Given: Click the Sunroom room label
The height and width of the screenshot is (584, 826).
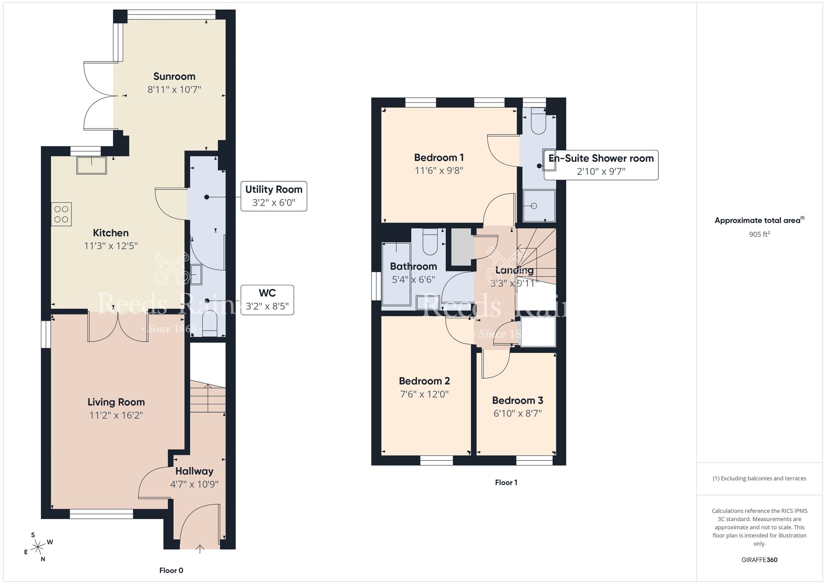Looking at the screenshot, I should (x=174, y=76).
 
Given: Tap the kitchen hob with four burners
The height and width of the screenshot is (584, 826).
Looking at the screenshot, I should (x=61, y=214).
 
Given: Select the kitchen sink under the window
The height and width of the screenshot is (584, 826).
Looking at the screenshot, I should (x=92, y=165).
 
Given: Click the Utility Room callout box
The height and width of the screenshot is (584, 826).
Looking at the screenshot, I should (x=274, y=196).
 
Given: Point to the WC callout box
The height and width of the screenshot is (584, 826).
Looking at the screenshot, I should (x=267, y=300).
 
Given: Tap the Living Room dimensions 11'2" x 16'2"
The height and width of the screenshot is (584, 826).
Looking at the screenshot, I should (x=116, y=415).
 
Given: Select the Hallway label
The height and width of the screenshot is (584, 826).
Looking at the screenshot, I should (x=194, y=471).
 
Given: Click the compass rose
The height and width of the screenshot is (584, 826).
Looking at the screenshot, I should (x=38, y=547).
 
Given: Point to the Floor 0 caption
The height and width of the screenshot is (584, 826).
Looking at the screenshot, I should (x=171, y=570).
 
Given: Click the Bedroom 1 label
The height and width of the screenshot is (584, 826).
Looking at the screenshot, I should (x=439, y=158).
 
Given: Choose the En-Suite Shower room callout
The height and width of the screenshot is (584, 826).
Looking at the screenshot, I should (x=601, y=165).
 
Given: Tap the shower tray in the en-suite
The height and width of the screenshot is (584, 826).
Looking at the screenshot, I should (x=539, y=206).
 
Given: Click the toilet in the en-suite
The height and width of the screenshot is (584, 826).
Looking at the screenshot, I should (x=538, y=121).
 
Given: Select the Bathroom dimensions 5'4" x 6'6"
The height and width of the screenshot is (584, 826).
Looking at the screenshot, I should (x=413, y=280).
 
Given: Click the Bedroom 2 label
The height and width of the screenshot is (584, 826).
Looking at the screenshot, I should (x=424, y=381).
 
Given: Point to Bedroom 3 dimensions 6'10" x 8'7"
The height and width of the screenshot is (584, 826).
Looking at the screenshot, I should (x=517, y=413).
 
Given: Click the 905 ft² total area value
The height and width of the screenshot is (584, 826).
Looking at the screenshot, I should (x=759, y=234).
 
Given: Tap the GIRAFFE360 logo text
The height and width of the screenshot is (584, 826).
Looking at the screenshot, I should (x=759, y=560).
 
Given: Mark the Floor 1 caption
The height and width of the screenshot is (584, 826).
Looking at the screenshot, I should (x=506, y=482).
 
